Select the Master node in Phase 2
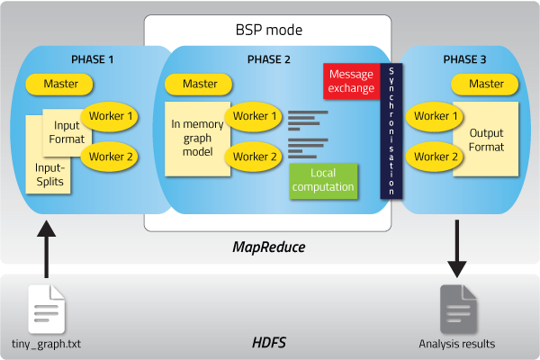(200, 85)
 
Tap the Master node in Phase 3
(486, 85)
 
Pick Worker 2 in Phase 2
(256, 157)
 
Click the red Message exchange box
(350, 81)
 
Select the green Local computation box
(322, 179)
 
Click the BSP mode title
(267, 30)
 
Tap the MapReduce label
(268, 246)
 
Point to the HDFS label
(268, 343)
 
